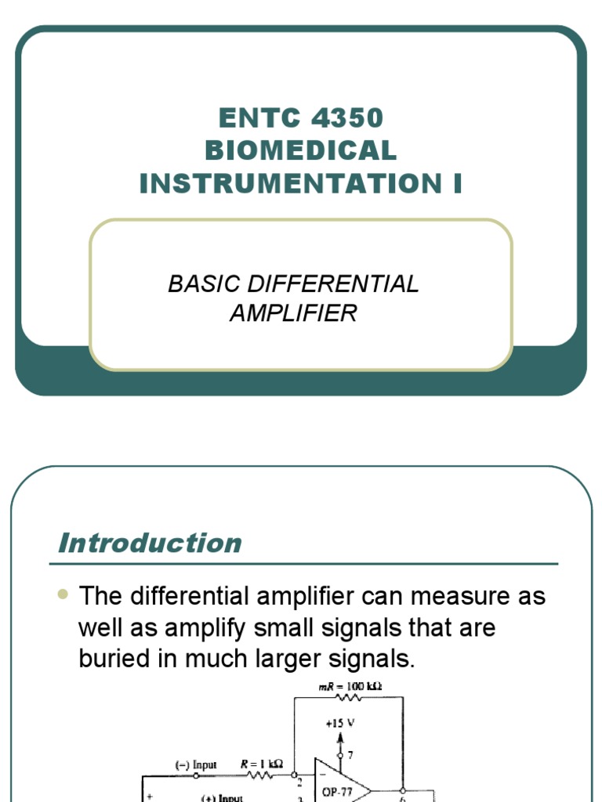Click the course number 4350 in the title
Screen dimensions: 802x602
(347, 118)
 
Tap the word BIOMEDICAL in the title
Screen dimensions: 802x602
(301, 150)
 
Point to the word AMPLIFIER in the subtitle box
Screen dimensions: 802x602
(293, 313)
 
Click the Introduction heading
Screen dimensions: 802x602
(150, 543)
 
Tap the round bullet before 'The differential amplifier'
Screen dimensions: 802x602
(64, 594)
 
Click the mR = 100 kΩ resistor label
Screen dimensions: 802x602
(350, 687)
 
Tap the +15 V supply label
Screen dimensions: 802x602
(339, 724)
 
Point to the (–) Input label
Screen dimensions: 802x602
(195, 764)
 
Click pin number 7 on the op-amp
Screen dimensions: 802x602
(350, 754)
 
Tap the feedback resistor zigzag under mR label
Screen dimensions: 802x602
(348, 697)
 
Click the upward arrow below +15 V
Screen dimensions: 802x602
(339, 740)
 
